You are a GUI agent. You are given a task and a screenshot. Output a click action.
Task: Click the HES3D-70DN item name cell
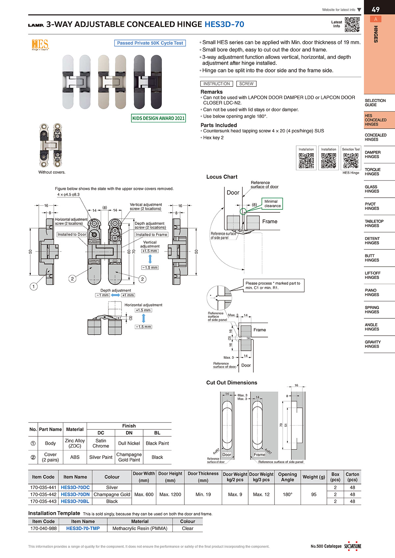(x=75, y=494)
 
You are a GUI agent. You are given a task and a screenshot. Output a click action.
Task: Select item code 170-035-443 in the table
(x=43, y=501)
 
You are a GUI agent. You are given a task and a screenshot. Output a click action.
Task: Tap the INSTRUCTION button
(x=216, y=84)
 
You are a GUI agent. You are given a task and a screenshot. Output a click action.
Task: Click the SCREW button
(x=246, y=84)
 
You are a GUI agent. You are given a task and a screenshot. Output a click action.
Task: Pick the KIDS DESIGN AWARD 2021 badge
(x=158, y=118)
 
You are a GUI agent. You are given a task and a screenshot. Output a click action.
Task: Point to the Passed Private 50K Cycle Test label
(x=150, y=43)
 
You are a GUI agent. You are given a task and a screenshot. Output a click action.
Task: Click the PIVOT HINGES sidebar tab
(x=372, y=206)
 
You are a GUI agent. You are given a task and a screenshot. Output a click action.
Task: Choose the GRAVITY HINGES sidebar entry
(x=373, y=344)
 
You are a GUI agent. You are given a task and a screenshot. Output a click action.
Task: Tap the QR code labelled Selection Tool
(x=351, y=160)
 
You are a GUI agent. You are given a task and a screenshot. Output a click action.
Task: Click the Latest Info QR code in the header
(x=352, y=24)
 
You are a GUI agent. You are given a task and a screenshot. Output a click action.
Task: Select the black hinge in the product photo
(x=148, y=82)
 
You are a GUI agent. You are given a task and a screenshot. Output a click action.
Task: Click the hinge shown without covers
(x=51, y=145)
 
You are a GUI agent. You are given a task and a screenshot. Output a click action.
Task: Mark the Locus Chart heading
(x=222, y=177)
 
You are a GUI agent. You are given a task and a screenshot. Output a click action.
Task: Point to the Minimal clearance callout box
(x=272, y=204)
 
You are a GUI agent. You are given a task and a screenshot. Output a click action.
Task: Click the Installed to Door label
(x=72, y=234)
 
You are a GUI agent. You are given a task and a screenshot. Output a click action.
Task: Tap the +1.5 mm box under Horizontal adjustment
(x=143, y=310)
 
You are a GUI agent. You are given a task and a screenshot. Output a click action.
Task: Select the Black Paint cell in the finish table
(x=157, y=443)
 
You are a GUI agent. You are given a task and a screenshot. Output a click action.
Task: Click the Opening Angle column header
(x=287, y=477)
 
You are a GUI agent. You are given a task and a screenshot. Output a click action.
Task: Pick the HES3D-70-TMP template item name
(x=83, y=528)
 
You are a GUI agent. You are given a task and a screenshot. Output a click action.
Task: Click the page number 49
(x=376, y=10)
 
